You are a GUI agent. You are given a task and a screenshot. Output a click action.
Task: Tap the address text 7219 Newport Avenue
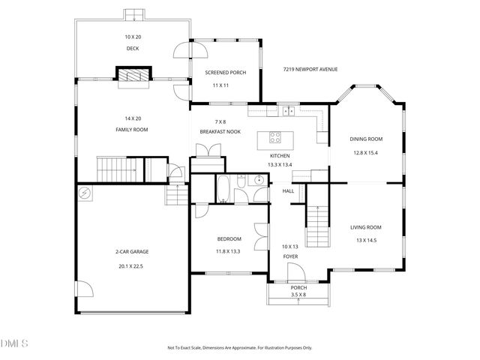pyautogui.click(x=310, y=69)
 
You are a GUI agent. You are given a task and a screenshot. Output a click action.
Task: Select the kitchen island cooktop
pyautogui.click(x=274, y=138)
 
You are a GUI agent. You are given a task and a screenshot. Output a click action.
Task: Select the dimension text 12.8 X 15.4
pyautogui.click(x=365, y=152)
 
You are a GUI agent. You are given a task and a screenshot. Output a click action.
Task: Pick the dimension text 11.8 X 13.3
pyautogui.click(x=228, y=251)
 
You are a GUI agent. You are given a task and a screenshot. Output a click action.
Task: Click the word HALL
pyautogui.click(x=288, y=191)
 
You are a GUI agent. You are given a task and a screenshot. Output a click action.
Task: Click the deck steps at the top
pyautogui.click(x=132, y=14)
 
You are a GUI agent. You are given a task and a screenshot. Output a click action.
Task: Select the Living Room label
pyautogui.click(x=366, y=227)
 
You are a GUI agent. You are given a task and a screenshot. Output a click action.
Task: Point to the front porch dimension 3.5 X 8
pyautogui.click(x=298, y=295)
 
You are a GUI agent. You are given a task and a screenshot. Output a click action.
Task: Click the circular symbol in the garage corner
pyautogui.click(x=85, y=193)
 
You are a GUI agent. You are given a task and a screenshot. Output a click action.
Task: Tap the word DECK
pyautogui.click(x=133, y=49)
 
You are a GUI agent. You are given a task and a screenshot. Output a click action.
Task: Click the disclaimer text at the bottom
pyautogui.click(x=239, y=347)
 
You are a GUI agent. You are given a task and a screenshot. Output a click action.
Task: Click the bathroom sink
pyautogui.click(x=258, y=179)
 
